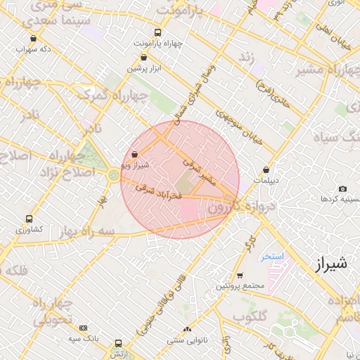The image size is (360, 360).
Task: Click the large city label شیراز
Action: tap(328, 265)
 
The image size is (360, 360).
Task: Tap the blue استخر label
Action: tap(271, 257)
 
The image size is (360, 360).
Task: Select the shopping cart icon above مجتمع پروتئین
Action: tap(240, 275)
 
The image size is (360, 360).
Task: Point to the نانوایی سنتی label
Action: tap(187, 340)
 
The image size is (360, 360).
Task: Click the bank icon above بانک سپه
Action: tap(84, 328)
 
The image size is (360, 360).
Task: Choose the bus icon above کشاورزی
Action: tap(29, 219)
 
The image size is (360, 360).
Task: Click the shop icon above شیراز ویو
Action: tap(134, 154)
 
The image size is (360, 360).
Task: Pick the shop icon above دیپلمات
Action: tap(266, 169)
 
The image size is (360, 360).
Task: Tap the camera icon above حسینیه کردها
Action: tap(342, 188)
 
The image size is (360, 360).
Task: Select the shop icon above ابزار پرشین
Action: tap(145, 58)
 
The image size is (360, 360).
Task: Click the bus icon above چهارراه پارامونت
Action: tap(157, 32)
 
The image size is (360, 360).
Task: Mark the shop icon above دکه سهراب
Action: tap(34, 39)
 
